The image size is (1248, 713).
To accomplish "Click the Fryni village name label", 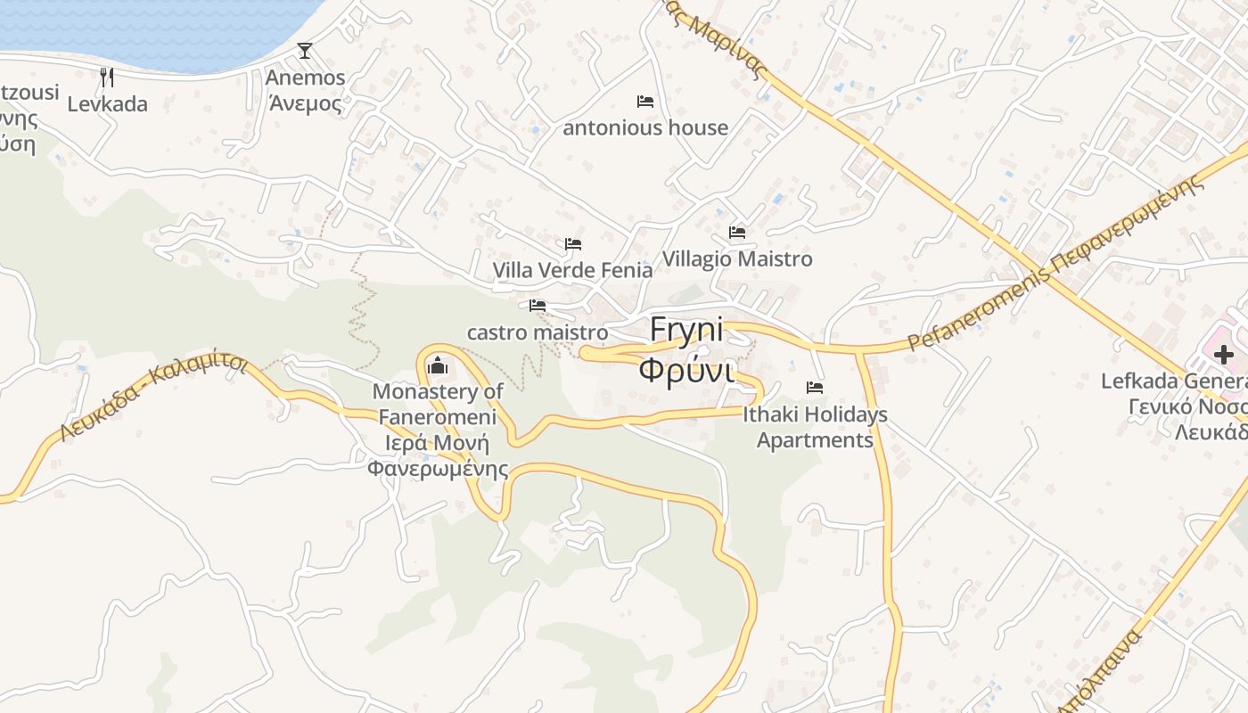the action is pyautogui.click(x=686, y=330).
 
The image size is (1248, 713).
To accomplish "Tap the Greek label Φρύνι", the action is pyautogui.click(x=686, y=369).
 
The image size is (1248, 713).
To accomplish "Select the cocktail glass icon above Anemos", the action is pyautogui.click(x=305, y=51).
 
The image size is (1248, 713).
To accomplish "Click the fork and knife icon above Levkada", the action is pyautogui.click(x=107, y=77).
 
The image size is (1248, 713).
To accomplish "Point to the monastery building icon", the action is pyautogui.click(x=438, y=365).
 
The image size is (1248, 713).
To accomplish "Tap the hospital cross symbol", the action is pyautogui.click(x=1223, y=355).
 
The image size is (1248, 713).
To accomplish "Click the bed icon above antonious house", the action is pyautogui.click(x=645, y=102).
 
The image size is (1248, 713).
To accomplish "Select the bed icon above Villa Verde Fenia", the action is pyautogui.click(x=573, y=243).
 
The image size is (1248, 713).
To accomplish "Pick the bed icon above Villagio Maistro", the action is pyautogui.click(x=737, y=233).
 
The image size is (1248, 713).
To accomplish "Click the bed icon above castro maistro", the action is pyautogui.click(x=538, y=306).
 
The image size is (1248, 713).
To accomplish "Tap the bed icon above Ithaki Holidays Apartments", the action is pyautogui.click(x=815, y=388).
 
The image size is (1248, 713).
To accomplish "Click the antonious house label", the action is pyautogui.click(x=645, y=128).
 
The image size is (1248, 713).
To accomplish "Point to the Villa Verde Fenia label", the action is pyautogui.click(x=572, y=269).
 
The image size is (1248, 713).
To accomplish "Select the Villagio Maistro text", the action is pyautogui.click(x=737, y=259).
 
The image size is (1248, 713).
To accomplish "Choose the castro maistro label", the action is pyautogui.click(x=538, y=333).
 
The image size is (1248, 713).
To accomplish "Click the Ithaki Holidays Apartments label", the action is pyautogui.click(x=815, y=427).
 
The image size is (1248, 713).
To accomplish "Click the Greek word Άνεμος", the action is pyautogui.click(x=305, y=103).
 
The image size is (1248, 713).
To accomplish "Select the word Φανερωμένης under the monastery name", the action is pyautogui.click(x=438, y=469).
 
